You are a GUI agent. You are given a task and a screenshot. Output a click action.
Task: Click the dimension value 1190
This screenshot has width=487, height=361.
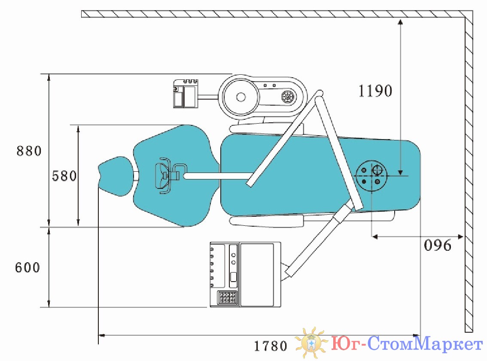pyautogui.click(x=375, y=91)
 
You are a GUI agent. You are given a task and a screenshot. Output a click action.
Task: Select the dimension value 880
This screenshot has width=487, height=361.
pyautogui.click(x=29, y=151)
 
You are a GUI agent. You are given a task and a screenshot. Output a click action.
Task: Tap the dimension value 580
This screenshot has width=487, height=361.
pyautogui.click(x=64, y=176)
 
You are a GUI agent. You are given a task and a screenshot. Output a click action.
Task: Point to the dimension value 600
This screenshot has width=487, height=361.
pyautogui.click(x=27, y=267)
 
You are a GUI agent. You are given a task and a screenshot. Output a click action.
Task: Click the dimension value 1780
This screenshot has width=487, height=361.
pyautogui.click(x=271, y=346)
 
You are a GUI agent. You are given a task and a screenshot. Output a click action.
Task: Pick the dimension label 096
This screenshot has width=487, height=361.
pyautogui.click(x=438, y=245)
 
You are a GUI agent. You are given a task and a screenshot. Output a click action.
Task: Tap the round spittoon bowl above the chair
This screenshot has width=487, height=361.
pyautogui.click(x=239, y=97)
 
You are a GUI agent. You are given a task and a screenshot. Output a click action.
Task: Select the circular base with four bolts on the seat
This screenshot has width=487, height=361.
pyautogui.click(x=371, y=176)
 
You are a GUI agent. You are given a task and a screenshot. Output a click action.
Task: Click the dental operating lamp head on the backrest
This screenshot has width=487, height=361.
pyautogui.click(x=163, y=176)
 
